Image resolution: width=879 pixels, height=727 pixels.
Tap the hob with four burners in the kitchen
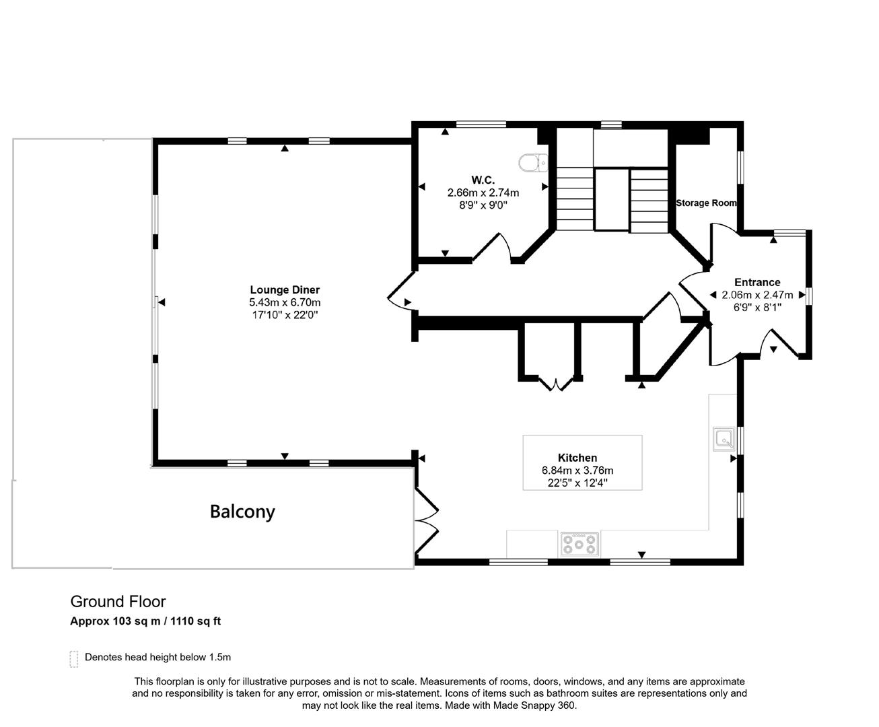(x=579, y=544)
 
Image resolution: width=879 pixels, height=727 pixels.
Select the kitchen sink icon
(x=724, y=438)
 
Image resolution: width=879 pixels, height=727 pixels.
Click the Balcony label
(x=242, y=512)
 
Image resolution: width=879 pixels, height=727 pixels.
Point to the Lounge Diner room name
(x=285, y=290)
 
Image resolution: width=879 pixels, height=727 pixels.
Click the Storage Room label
(x=706, y=203)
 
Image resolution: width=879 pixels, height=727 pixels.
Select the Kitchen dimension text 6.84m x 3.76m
(x=577, y=471)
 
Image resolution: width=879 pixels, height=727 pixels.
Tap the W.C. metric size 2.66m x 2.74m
(x=483, y=193)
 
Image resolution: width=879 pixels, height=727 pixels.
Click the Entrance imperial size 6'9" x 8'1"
(x=757, y=307)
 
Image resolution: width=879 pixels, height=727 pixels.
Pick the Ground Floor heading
(x=118, y=601)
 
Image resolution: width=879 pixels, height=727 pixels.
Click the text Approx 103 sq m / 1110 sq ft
(x=145, y=621)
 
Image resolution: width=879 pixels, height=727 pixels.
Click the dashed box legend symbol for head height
(x=74, y=658)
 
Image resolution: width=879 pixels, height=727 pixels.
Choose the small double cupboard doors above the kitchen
(x=555, y=384)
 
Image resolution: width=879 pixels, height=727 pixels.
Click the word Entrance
(x=757, y=282)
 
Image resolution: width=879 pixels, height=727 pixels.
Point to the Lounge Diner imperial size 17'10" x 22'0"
(x=285, y=314)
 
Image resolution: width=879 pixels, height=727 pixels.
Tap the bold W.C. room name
(x=483, y=180)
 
